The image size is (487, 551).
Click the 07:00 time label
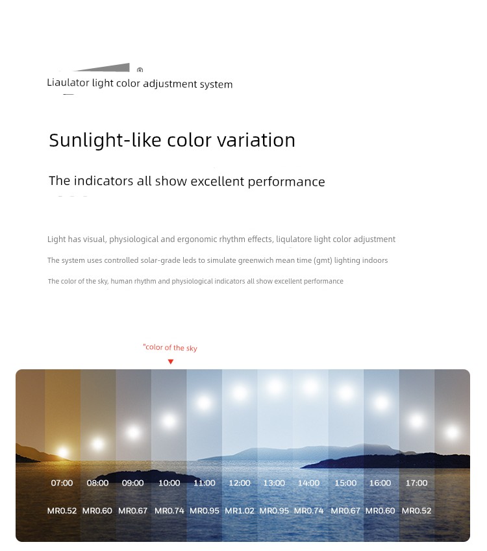[x=62, y=483]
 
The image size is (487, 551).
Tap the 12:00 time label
[x=240, y=483]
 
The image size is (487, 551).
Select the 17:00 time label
[x=417, y=483]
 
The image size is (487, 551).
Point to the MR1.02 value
[x=240, y=511]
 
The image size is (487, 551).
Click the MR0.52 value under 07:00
[x=62, y=511]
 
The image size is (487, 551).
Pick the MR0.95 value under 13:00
[x=274, y=511]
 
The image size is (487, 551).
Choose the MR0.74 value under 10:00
[x=169, y=511]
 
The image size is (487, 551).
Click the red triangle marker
[x=171, y=361]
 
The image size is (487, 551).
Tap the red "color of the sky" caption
[x=170, y=347]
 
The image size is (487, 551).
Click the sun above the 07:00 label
[x=62, y=452]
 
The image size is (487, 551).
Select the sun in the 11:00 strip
[x=204, y=403]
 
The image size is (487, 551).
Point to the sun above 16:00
[x=381, y=403]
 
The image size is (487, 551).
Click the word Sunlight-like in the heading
[x=105, y=140]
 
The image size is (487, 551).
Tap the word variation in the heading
[x=256, y=140]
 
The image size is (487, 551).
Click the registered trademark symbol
[x=140, y=70]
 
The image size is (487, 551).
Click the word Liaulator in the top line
[x=68, y=82]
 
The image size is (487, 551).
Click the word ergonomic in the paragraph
[x=197, y=239]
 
